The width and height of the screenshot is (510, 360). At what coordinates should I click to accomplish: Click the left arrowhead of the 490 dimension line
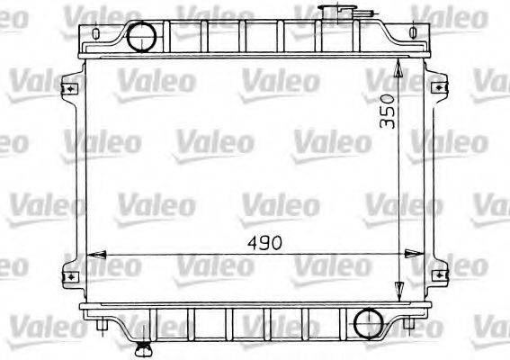pos(91,255)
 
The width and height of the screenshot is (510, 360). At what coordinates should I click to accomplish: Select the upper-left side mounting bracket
pos(67,89)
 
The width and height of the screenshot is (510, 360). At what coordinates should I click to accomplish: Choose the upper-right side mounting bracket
pos(438,89)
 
